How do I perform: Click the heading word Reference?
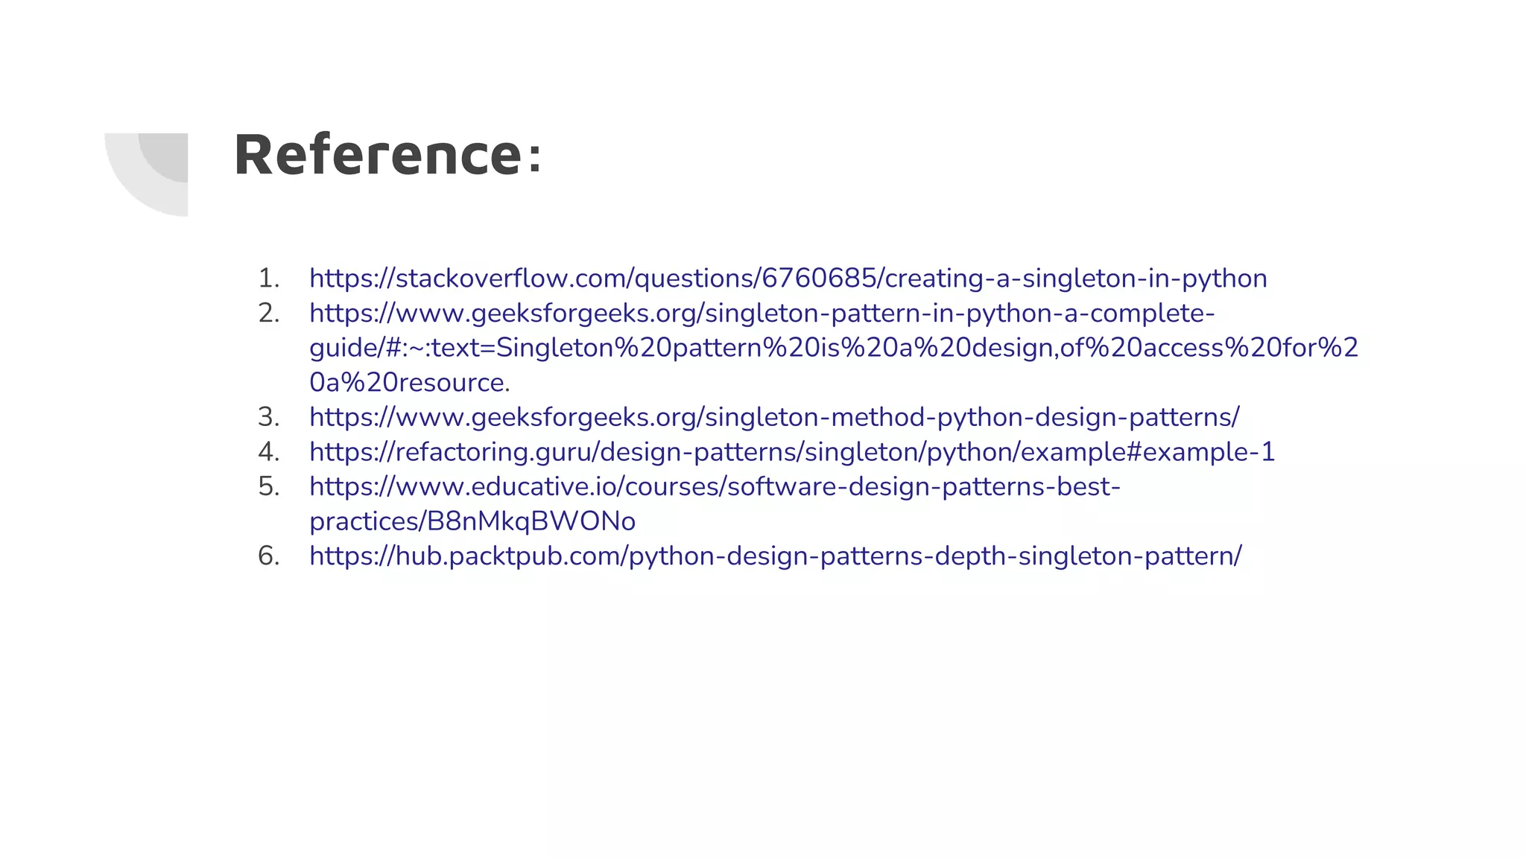(x=379, y=155)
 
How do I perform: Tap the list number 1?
(x=268, y=279)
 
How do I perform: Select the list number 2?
(x=268, y=314)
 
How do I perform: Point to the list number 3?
(x=268, y=417)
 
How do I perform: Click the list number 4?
(x=268, y=452)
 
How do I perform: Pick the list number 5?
(x=268, y=487)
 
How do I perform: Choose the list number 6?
(x=268, y=556)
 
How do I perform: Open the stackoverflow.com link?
(x=788, y=279)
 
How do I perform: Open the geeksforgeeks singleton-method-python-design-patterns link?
(x=774, y=417)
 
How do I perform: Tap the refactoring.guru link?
(x=791, y=452)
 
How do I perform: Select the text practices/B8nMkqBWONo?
(x=472, y=521)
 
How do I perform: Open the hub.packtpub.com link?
(x=775, y=556)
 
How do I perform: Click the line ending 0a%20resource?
(x=410, y=383)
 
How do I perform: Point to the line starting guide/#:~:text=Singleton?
(x=833, y=348)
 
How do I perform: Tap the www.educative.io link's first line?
(x=715, y=487)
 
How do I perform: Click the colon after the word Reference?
(x=534, y=158)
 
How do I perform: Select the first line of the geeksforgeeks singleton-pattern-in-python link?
(x=762, y=314)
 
